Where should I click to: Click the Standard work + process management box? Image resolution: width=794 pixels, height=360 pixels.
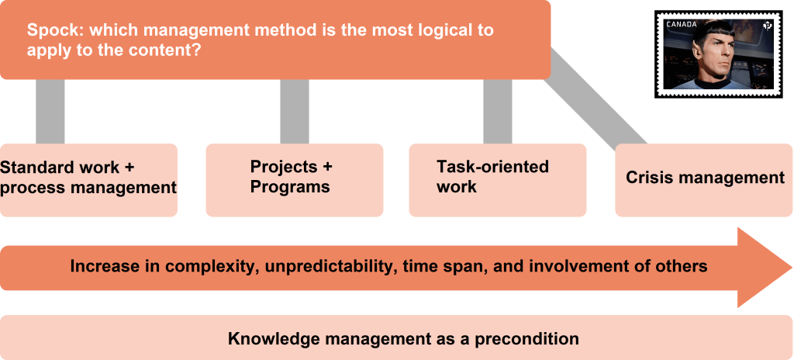click(x=88, y=180)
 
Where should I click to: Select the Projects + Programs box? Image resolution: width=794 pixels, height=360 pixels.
click(x=294, y=180)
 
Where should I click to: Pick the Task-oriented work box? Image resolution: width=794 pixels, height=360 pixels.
click(x=497, y=180)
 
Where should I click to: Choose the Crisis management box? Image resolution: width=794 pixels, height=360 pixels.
click(x=704, y=180)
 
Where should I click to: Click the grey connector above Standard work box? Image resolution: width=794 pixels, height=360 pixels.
click(x=50, y=112)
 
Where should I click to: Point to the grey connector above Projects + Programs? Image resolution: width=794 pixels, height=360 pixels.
click(x=294, y=112)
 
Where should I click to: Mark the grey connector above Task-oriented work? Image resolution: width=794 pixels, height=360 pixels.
click(x=497, y=112)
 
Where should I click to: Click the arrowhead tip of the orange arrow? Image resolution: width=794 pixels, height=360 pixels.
click(x=792, y=268)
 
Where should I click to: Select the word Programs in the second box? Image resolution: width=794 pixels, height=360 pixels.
click(x=290, y=187)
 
